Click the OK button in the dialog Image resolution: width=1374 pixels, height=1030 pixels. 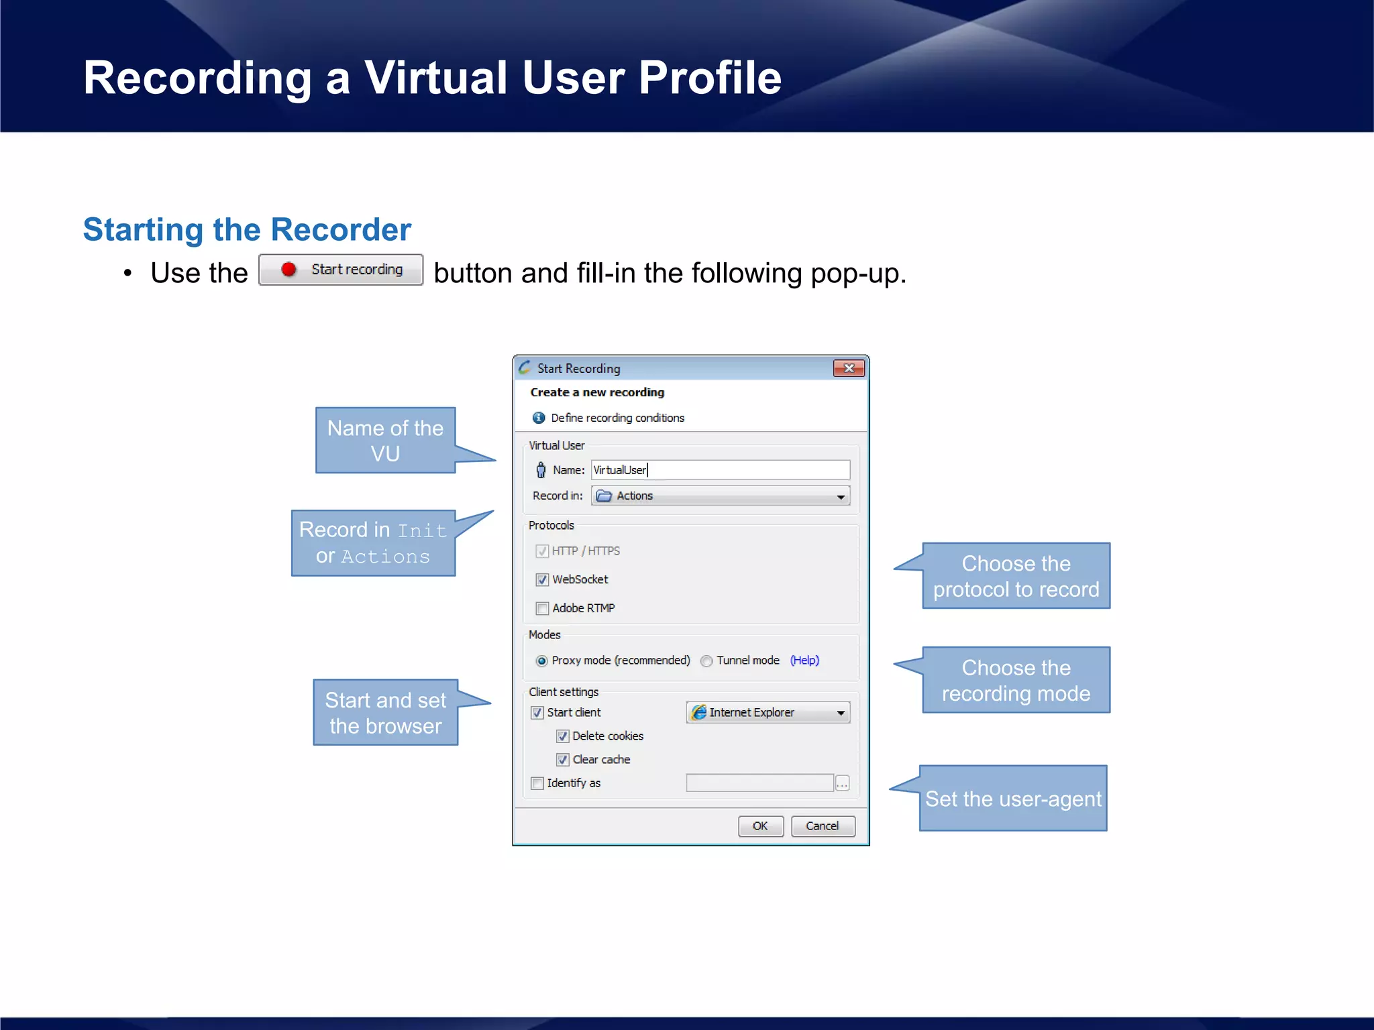760,825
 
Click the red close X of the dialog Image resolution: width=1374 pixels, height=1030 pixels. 848,368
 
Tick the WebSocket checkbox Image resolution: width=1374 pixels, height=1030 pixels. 542,579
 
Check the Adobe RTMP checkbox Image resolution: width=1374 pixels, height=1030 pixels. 542,608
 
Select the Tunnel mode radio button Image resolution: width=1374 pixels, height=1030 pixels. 706,661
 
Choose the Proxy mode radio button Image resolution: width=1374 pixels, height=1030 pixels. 541,661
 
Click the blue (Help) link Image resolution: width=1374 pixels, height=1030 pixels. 804,661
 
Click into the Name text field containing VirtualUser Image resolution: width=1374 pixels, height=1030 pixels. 719,469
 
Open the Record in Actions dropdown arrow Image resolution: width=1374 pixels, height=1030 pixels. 840,496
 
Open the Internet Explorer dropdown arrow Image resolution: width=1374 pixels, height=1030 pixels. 840,713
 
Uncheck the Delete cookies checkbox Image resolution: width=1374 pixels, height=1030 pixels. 563,736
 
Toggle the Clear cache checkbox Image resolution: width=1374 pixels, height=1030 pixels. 563,760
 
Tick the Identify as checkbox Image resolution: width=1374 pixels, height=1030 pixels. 537,783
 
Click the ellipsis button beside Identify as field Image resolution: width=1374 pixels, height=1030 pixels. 842,783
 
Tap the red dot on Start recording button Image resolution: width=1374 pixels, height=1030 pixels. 288,270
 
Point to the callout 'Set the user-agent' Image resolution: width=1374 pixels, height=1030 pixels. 1012,799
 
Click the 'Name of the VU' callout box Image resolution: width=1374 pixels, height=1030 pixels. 385,441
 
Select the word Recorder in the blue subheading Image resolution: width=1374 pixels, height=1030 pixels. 341,230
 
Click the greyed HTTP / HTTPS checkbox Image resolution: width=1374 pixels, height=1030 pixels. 542,551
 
